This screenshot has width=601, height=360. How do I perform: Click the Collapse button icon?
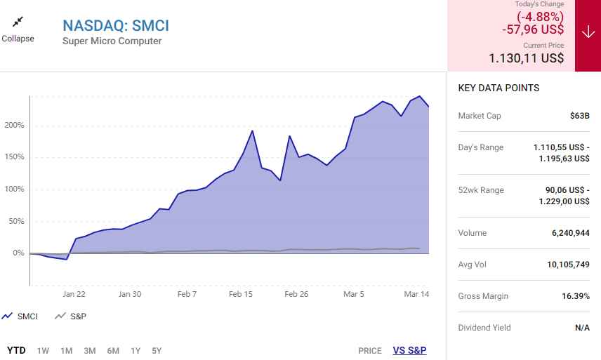(18, 22)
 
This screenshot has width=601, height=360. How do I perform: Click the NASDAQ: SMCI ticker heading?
(116, 25)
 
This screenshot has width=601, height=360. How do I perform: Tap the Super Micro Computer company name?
(112, 41)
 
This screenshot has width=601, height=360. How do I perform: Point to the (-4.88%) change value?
(540, 17)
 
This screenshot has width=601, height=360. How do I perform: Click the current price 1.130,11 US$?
(527, 58)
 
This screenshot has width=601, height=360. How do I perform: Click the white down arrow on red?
(588, 32)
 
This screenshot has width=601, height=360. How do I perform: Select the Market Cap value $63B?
(580, 116)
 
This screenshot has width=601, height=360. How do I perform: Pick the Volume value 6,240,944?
(570, 233)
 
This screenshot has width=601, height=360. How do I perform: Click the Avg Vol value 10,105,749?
(567, 265)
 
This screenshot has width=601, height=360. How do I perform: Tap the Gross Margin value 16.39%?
(576, 296)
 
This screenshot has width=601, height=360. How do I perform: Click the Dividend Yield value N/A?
(581, 328)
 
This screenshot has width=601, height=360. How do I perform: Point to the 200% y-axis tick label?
(15, 126)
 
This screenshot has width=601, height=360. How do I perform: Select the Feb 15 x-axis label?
(241, 295)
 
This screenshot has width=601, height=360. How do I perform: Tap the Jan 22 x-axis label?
(74, 295)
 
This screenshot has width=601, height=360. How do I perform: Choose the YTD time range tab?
(16, 350)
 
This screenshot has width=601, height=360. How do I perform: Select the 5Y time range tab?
(157, 350)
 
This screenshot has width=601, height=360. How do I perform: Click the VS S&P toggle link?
(409, 350)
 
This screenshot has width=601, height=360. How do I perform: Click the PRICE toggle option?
(370, 350)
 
